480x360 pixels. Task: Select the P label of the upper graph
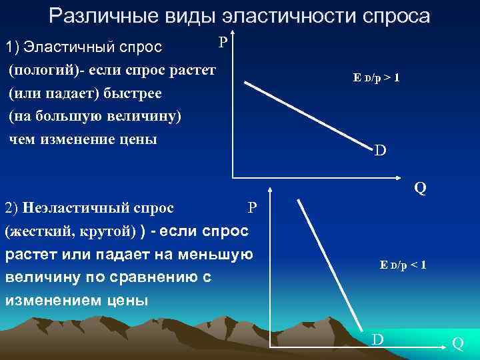click(x=223, y=41)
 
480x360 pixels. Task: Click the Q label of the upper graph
click(x=420, y=188)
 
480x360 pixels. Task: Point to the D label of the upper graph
click(x=379, y=151)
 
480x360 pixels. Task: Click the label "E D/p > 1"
click(x=377, y=78)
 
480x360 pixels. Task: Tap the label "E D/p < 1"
click(x=403, y=265)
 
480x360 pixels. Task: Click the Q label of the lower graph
click(x=458, y=343)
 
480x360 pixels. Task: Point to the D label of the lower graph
click(x=377, y=340)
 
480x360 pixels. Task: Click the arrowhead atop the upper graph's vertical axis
click(x=233, y=33)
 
